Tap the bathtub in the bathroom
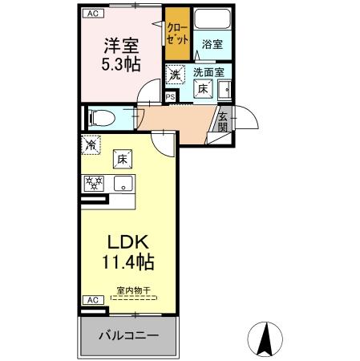click(212, 22)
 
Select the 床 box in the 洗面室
click(204, 90)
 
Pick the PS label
click(170, 98)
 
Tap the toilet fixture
click(103, 118)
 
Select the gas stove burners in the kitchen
click(94, 184)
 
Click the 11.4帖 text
click(122, 262)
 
